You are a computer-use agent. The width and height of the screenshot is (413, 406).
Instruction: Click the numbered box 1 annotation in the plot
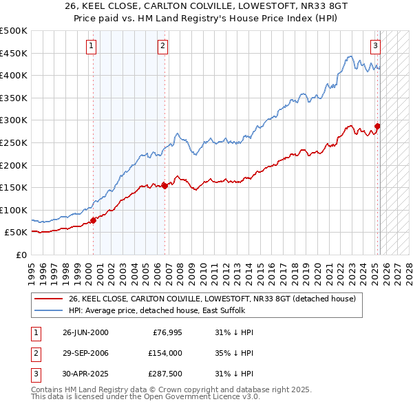click(92, 47)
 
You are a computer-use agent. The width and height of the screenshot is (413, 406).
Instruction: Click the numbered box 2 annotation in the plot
click(162, 47)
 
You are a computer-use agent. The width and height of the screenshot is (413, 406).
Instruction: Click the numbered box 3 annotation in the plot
click(375, 47)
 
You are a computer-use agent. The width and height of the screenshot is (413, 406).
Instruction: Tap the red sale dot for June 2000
click(94, 220)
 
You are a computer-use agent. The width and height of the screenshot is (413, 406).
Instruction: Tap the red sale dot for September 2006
click(165, 186)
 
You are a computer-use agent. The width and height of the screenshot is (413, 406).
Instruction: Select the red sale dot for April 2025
click(377, 126)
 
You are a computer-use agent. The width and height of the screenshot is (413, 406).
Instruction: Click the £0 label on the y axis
click(21, 255)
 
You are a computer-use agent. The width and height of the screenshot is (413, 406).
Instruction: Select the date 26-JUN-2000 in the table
click(85, 332)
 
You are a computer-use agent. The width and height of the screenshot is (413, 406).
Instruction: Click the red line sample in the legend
click(49, 299)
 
